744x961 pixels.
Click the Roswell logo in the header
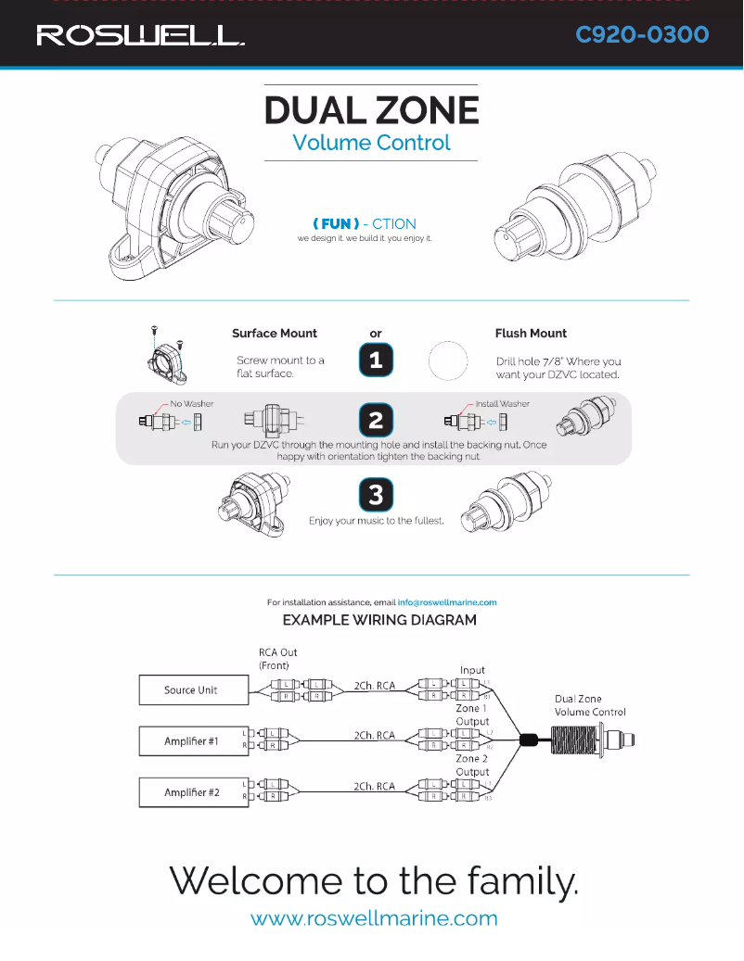click(x=140, y=36)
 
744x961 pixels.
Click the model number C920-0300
click(x=642, y=35)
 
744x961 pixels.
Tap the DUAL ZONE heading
click(x=371, y=110)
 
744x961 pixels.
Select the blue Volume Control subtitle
click(x=371, y=143)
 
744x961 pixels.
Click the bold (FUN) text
click(x=336, y=224)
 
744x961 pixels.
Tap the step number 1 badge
click(x=376, y=360)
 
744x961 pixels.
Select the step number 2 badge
click(x=376, y=421)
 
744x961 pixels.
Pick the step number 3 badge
click(x=376, y=495)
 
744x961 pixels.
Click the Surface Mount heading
click(x=275, y=334)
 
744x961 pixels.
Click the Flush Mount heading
click(x=531, y=334)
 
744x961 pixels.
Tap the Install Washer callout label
click(x=502, y=404)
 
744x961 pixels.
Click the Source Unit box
click(x=191, y=689)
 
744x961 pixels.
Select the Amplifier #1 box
click(x=191, y=741)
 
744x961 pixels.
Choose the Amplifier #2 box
click(x=191, y=792)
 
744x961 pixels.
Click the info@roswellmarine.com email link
click(x=448, y=602)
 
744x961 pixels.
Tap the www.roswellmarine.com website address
click(x=374, y=919)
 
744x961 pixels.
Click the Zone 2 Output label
click(x=472, y=765)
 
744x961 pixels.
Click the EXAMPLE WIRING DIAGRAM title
click(x=379, y=620)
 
